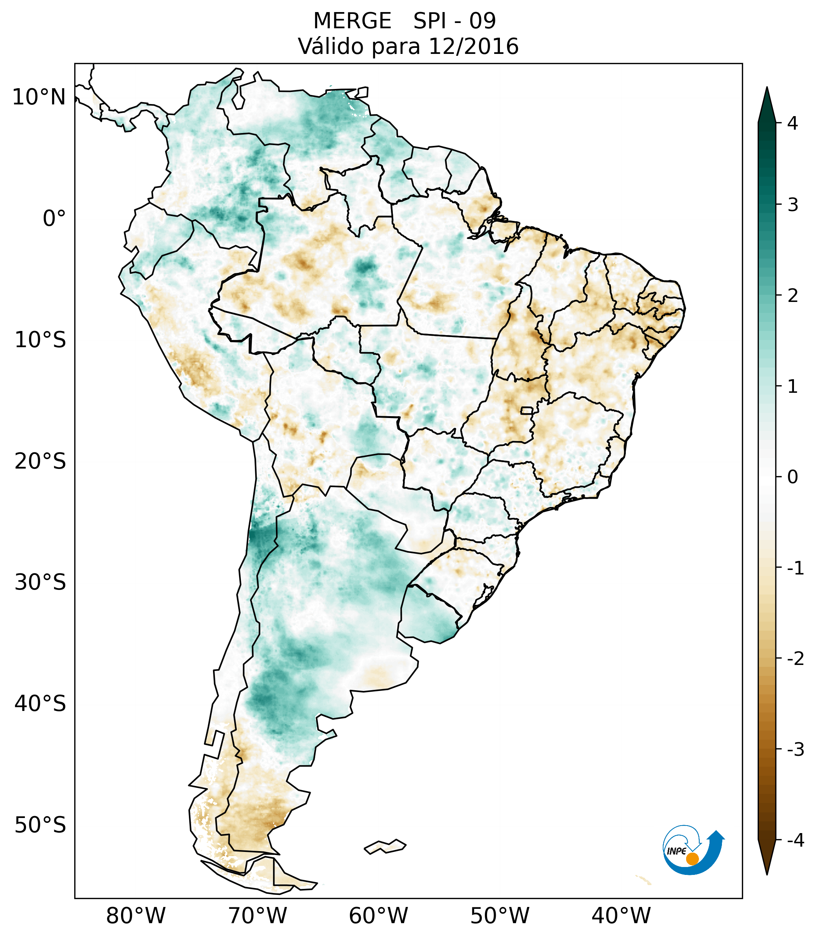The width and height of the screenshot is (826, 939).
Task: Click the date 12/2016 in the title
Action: pyautogui.click(x=473, y=46)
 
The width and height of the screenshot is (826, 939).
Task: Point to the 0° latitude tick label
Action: pyautogui.click(x=54, y=219)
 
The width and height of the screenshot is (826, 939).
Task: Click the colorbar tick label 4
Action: pyautogui.click(x=792, y=123)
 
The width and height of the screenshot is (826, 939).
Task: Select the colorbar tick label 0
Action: pyautogui.click(x=792, y=477)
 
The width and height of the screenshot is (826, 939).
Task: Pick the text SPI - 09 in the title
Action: pyautogui.click(x=454, y=21)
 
